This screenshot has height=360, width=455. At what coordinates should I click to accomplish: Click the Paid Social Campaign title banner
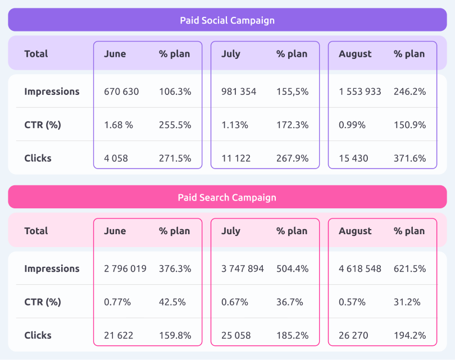point(227,21)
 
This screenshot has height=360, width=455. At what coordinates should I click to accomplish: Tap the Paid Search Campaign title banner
point(227,198)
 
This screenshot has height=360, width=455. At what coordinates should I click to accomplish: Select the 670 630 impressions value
point(121,92)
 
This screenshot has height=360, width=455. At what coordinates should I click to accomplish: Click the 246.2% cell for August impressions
point(410,92)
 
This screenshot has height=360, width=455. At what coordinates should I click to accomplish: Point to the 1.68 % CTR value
point(119,125)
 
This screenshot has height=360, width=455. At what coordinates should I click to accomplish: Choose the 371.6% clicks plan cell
point(410,158)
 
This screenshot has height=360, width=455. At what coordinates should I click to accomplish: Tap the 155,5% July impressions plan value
point(292,92)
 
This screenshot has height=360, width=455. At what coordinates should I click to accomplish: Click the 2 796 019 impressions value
point(125,268)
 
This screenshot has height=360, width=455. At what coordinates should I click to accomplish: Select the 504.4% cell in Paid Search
point(292,268)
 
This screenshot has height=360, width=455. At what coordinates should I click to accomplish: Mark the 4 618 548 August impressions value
point(360,268)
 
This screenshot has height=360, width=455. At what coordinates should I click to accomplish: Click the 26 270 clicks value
point(353,335)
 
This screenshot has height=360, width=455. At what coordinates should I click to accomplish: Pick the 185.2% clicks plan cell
point(292,335)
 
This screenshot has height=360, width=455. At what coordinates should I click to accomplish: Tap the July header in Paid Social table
point(231,54)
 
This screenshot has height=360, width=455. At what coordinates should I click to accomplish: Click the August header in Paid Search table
point(355,231)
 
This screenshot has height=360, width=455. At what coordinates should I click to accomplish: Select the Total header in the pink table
point(36,231)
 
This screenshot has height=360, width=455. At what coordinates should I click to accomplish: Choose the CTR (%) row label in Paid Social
point(42,125)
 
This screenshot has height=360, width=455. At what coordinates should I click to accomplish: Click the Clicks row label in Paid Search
point(38,335)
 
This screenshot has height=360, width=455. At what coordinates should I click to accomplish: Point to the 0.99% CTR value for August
point(352,125)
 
